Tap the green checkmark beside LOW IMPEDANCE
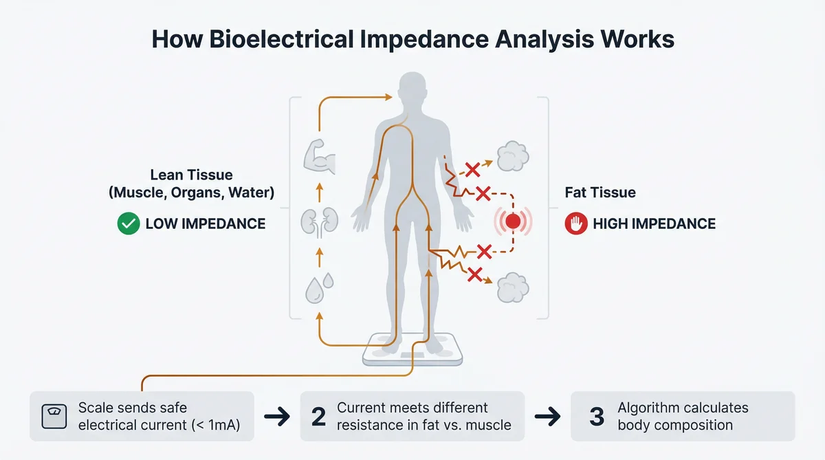[129, 223]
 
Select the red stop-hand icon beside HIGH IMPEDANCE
[575, 223]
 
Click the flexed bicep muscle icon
[318, 157]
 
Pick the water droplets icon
[320, 285]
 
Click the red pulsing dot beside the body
[512, 221]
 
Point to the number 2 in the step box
[318, 417]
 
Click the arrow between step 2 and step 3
[547, 417]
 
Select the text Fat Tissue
[600, 193]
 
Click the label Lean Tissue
[190, 177]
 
